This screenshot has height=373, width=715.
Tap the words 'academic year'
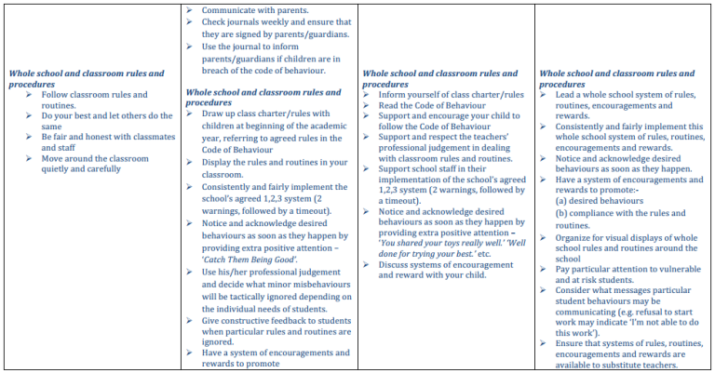coord(313,126)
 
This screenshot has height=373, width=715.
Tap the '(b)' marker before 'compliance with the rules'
coord(563,214)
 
